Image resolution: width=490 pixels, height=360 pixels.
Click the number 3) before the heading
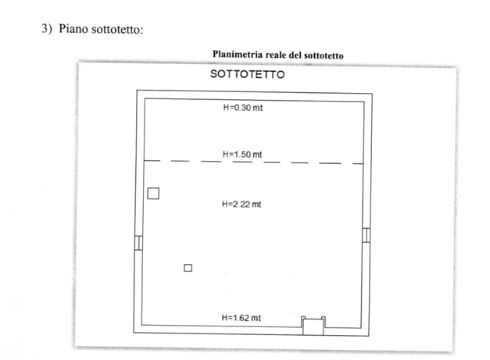46,29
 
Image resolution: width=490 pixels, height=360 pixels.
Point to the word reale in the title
280,55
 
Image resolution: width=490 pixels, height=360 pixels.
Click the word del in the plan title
301,55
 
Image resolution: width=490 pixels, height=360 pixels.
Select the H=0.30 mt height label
242,109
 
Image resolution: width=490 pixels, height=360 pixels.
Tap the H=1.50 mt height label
242,155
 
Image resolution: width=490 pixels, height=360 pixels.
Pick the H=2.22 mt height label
242,204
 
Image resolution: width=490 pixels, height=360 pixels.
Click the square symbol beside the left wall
154,191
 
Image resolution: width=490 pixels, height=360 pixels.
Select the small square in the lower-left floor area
188,268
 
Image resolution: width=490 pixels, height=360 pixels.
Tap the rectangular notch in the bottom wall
313,323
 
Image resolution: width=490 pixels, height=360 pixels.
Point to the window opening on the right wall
366,235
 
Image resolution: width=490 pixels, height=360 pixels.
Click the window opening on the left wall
138,242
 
